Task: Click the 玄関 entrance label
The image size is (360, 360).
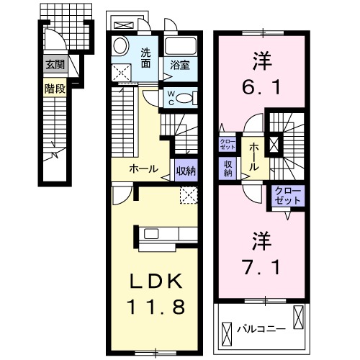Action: [55, 64]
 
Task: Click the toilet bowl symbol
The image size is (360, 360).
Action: [185, 99]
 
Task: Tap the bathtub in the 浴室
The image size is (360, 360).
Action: [184, 48]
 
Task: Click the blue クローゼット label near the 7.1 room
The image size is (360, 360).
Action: [287, 195]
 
